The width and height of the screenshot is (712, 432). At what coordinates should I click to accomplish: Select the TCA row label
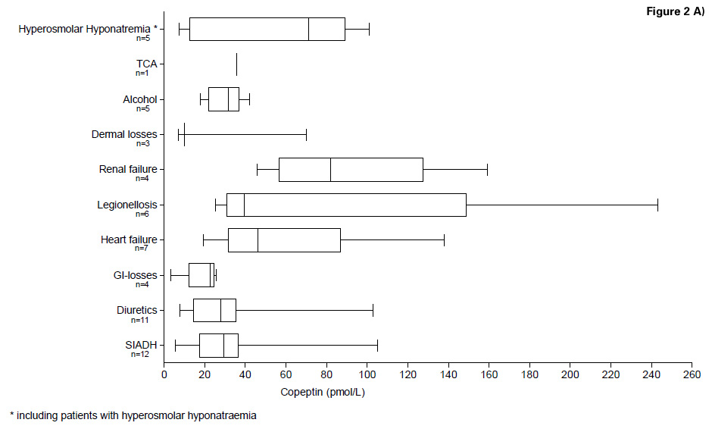pos(146,64)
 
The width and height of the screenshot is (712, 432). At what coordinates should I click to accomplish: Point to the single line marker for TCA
pos(236,64)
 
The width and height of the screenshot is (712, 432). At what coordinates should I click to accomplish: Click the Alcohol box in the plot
pos(223,99)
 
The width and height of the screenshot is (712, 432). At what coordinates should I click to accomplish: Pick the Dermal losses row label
pos(123,135)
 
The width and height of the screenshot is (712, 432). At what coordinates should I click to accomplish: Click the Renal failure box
pos(351,170)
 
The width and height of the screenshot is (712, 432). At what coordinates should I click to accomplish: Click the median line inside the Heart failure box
pos(258,240)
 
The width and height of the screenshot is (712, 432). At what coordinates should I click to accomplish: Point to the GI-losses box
pos(201,275)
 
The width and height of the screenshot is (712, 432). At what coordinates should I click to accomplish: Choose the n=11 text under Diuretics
pos(142,320)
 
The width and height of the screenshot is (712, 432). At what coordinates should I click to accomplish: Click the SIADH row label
pos(141,345)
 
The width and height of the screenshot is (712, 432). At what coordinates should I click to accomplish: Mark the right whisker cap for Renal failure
pos(487,170)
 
